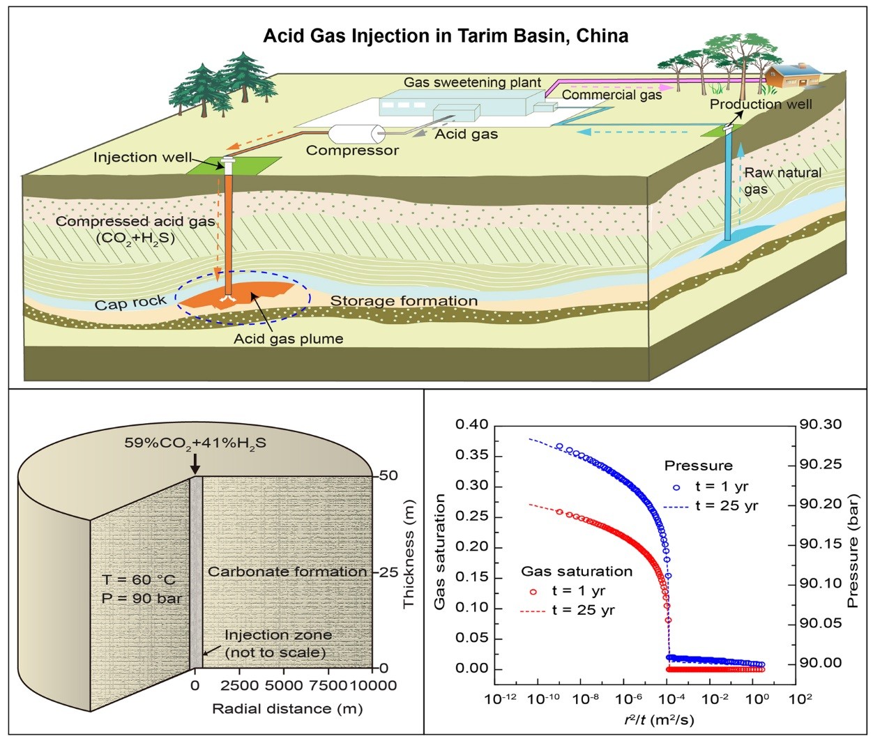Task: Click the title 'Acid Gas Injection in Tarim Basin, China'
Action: coord(446,36)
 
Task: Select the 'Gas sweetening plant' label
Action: coord(472,82)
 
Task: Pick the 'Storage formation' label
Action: coord(404,301)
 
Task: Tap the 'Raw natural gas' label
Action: coord(782,181)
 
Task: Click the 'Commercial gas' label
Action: coord(612,95)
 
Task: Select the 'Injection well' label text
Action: coord(142,158)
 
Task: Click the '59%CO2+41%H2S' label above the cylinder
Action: coord(195,443)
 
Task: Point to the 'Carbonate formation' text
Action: coord(287,572)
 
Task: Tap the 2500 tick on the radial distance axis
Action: coord(239,686)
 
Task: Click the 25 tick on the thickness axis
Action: coord(388,572)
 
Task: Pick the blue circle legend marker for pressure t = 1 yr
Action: coord(676,487)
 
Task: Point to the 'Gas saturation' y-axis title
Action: coord(440,551)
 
